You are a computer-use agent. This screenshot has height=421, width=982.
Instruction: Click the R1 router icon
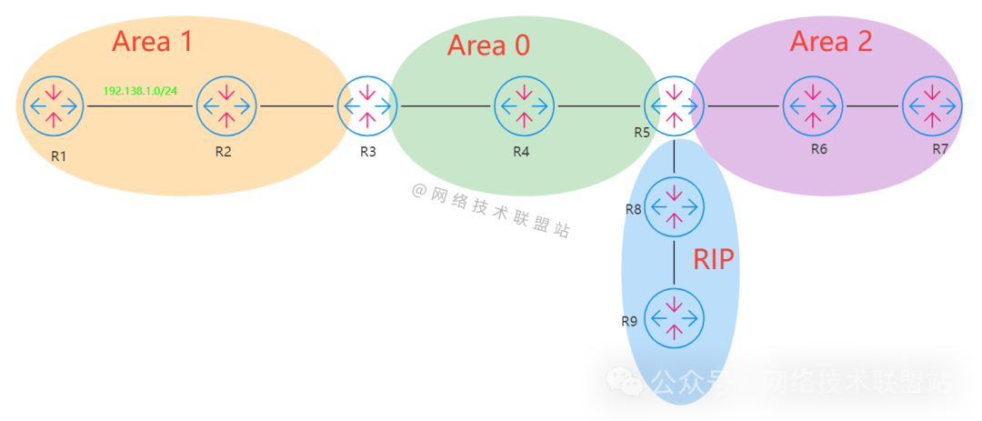pyautogui.click(x=54, y=106)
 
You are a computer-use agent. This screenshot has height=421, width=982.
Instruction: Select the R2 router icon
pyautogui.click(x=226, y=106)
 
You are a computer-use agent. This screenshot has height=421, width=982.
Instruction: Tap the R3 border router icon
pyautogui.click(x=367, y=106)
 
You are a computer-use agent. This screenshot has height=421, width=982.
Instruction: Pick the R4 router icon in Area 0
pyautogui.click(x=525, y=106)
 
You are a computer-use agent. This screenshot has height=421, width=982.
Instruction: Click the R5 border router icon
pyautogui.click(x=674, y=106)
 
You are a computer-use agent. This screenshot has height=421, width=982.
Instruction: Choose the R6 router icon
pyautogui.click(x=812, y=106)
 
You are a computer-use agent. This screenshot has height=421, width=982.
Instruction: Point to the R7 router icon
pyautogui.click(x=932, y=106)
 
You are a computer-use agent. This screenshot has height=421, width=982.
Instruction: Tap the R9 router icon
pyautogui.click(x=674, y=317)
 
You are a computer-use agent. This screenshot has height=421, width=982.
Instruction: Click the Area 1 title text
pyautogui.click(x=152, y=41)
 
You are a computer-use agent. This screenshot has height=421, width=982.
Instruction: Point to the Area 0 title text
pyautogui.click(x=488, y=45)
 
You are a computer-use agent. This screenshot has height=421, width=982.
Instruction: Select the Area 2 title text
pyautogui.click(x=830, y=41)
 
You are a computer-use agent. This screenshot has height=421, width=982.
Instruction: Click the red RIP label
pyautogui.click(x=714, y=260)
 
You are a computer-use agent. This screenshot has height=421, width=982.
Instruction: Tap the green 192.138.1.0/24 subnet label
pyautogui.click(x=139, y=92)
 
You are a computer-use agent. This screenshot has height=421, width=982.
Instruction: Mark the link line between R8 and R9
pyautogui.click(x=674, y=262)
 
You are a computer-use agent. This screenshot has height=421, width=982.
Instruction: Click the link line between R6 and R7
pyautogui.click(x=872, y=106)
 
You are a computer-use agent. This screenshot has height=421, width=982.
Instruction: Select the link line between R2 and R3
pyautogui.click(x=296, y=106)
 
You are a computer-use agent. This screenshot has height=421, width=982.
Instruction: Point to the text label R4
pyautogui.click(x=520, y=152)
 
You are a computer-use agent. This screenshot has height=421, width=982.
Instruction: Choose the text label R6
pyautogui.click(x=818, y=148)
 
